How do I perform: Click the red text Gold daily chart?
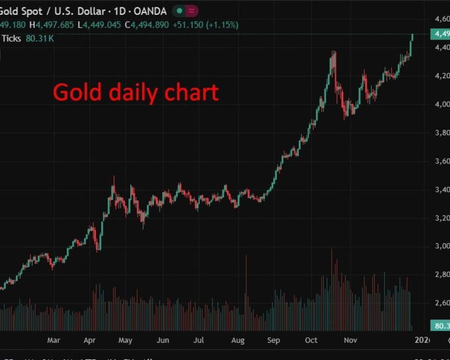point(136,93)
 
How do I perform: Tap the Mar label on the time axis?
point(54,340)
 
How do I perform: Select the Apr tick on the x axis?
point(90,340)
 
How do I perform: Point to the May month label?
point(125,340)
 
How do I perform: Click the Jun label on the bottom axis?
point(163,340)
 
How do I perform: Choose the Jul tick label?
point(198,340)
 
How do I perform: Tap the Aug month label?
point(238,340)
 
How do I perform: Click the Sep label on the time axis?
point(273,340)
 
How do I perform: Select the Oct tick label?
point(311,340)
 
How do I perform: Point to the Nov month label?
point(350,340)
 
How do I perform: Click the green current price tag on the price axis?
point(440,34)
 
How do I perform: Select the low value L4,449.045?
point(99,25)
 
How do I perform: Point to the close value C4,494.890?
point(147,25)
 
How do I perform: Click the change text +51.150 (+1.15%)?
point(205,25)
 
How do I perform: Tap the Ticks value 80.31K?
point(40,39)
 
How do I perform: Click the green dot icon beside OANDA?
point(179,11)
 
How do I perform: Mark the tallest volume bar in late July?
point(246,292)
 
